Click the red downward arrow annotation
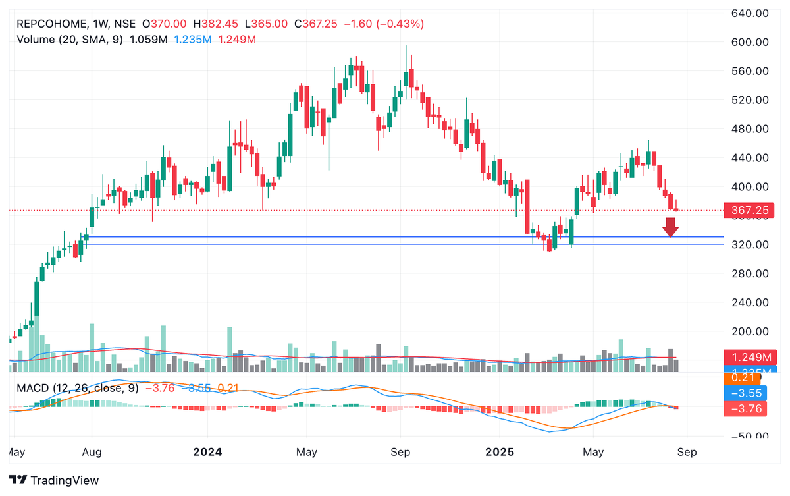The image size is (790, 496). click(670, 227)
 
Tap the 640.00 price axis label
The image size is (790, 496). click(751, 13)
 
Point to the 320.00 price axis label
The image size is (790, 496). click(751, 245)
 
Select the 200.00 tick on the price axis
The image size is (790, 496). click(751, 332)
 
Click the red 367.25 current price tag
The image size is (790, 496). click(750, 211)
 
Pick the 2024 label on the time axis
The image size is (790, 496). click(207, 453)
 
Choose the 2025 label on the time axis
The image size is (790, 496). click(498, 453)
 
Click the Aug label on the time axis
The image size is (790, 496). click(92, 453)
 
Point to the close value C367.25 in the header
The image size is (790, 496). click(315, 24)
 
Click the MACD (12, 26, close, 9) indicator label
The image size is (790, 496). click(78, 388)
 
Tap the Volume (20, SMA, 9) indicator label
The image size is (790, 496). click(70, 40)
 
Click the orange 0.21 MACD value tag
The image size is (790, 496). click(743, 379)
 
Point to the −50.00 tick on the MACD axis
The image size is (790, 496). click(749, 436)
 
